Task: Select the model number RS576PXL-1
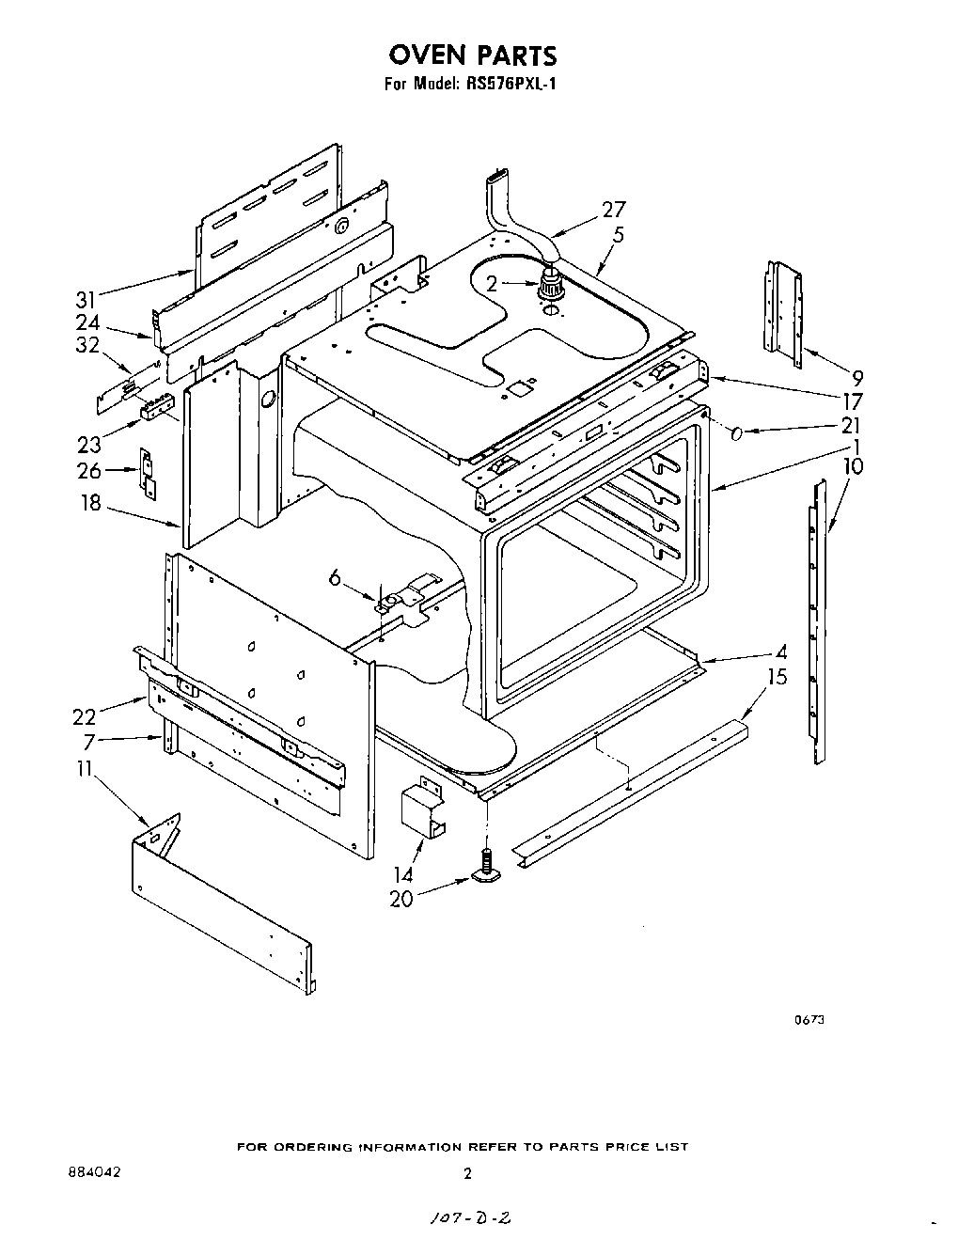point(511,84)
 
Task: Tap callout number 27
point(612,210)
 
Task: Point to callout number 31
point(86,300)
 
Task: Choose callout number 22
point(85,716)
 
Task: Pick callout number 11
point(85,769)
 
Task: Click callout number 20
point(401,899)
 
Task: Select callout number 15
point(777,677)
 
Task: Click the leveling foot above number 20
point(486,869)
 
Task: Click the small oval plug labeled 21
point(738,433)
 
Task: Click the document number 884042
point(94,1172)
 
